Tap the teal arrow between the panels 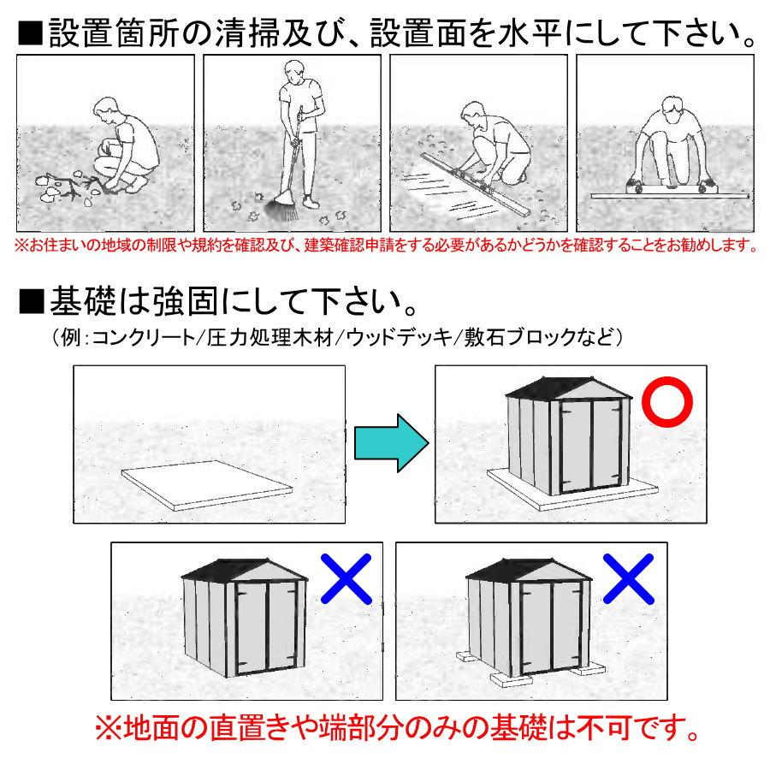pos(391,443)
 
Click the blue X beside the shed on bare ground pos(346,578)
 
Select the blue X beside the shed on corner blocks pos(628,578)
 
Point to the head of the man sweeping pos(293,72)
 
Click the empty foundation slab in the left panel pos(207,485)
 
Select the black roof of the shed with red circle pos(568,388)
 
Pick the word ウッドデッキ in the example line pos(399,337)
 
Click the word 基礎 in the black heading pos(83,301)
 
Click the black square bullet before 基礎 pos(32,301)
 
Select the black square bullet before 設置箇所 pos(31,33)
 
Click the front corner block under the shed pos(510,679)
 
